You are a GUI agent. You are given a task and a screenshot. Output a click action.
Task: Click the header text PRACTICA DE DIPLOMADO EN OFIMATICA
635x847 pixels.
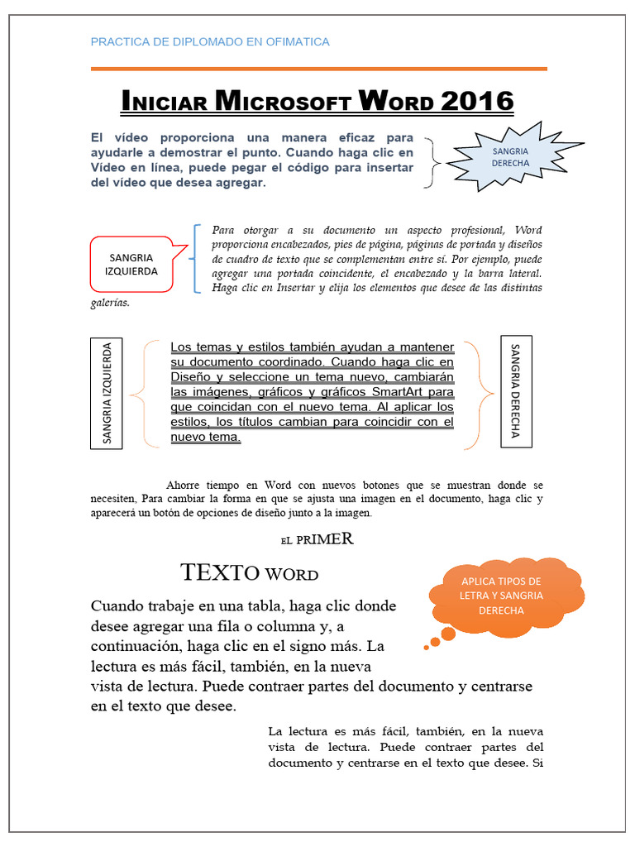pos(209,41)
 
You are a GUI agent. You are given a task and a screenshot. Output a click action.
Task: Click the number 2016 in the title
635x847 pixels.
pos(477,102)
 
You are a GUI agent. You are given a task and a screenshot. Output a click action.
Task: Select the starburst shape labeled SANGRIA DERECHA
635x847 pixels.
pos(510,157)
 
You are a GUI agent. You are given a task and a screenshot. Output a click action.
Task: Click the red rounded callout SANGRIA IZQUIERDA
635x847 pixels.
pos(131,264)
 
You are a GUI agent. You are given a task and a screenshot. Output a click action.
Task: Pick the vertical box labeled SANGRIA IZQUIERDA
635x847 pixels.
pos(107,393)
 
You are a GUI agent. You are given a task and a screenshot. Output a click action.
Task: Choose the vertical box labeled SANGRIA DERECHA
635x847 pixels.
pos(516,391)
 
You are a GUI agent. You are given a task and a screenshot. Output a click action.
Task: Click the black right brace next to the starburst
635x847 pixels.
pos(432,161)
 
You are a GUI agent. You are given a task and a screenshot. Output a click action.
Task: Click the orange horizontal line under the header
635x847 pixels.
pos(318,68)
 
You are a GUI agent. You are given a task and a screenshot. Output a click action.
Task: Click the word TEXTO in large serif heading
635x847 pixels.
pos(220,572)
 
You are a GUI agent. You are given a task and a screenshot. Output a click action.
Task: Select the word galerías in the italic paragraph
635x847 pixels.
pos(110,303)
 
